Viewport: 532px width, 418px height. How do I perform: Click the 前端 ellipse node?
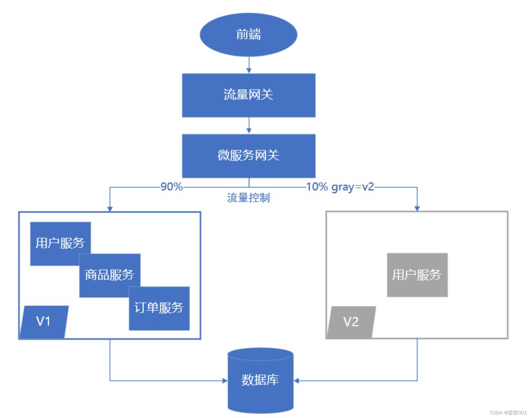(x=248, y=35)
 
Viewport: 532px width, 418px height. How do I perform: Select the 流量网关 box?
(x=249, y=95)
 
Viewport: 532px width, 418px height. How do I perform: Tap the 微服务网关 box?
(x=249, y=156)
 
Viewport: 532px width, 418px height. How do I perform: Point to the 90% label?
(x=172, y=187)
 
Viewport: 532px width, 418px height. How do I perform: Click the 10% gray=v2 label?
(x=340, y=187)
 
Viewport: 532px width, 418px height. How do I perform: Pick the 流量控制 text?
(x=248, y=198)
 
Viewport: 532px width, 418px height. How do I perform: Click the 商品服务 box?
(x=110, y=275)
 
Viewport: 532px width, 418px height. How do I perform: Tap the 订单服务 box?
(x=159, y=308)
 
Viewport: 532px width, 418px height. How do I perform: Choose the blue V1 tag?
(x=44, y=322)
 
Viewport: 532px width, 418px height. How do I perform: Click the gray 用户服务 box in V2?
(x=417, y=275)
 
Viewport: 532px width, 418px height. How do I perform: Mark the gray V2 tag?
(x=351, y=322)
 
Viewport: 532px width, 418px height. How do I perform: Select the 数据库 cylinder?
(x=260, y=380)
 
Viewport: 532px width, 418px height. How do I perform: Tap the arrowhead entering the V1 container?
(x=110, y=209)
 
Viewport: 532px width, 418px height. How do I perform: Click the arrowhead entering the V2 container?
(x=417, y=208)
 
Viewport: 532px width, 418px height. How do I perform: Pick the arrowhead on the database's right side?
(x=296, y=381)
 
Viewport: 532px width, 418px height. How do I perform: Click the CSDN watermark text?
(x=508, y=413)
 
